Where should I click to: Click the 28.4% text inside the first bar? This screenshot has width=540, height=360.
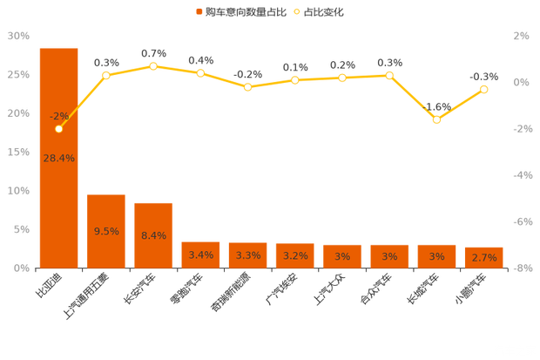58,158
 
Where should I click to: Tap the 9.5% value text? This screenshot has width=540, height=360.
106,231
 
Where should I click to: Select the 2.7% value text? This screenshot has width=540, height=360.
484,257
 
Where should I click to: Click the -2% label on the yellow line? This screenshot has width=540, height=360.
59,116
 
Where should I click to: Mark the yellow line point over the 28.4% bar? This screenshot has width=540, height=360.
58,128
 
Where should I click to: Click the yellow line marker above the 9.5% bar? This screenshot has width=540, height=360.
106,75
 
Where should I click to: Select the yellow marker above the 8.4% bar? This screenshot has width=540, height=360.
153,66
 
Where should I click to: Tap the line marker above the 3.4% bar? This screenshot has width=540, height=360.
200,73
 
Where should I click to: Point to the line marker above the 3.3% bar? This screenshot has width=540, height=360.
248,86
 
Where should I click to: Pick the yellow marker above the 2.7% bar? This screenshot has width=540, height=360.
484,89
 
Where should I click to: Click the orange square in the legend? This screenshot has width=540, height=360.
199,12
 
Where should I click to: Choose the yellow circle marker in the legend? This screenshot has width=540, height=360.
297,12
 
